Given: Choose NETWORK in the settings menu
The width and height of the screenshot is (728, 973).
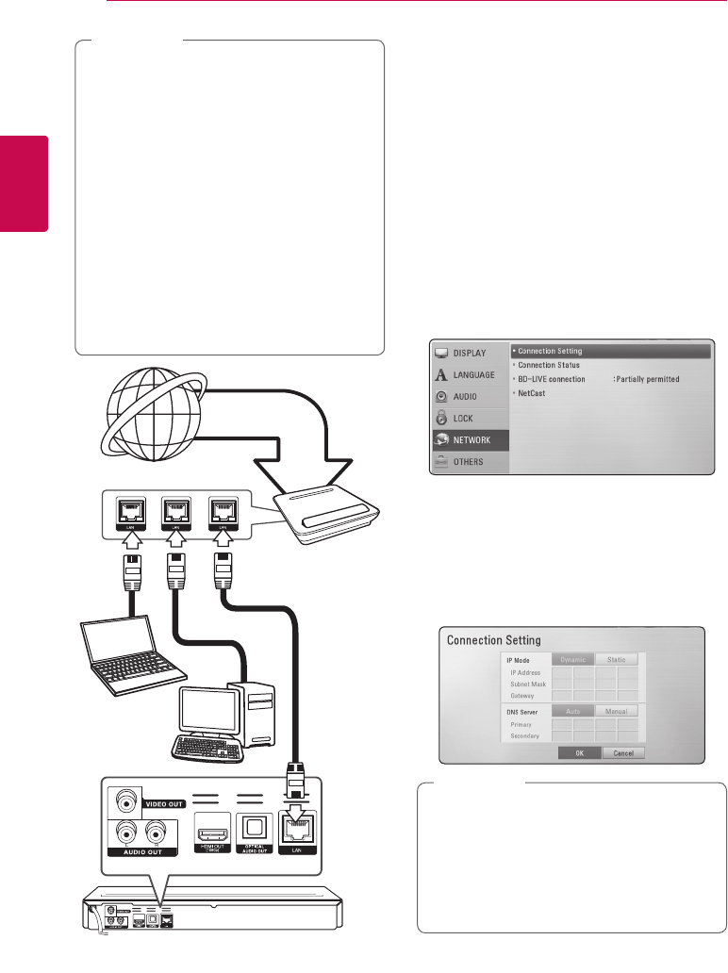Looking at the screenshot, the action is [470, 439].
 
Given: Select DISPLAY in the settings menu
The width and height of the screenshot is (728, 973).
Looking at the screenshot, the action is [470, 353].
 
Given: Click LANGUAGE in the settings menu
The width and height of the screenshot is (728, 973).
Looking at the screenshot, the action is [474, 374].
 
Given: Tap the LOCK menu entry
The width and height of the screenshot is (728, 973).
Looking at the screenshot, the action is [463, 418].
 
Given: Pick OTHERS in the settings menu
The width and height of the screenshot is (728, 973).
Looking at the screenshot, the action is [468, 462].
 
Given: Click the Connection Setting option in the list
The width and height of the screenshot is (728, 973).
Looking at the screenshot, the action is [551, 351].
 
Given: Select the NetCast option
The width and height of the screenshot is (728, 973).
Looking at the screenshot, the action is [532, 392].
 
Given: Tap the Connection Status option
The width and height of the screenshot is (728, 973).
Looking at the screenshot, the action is [549, 365].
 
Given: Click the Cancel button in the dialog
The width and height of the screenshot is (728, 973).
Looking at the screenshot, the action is [622, 753].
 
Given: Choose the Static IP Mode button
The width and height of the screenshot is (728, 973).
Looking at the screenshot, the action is [617, 660].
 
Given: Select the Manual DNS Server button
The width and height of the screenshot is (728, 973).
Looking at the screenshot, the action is [617, 711].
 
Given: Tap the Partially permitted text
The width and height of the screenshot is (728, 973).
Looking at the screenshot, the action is [647, 379].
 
